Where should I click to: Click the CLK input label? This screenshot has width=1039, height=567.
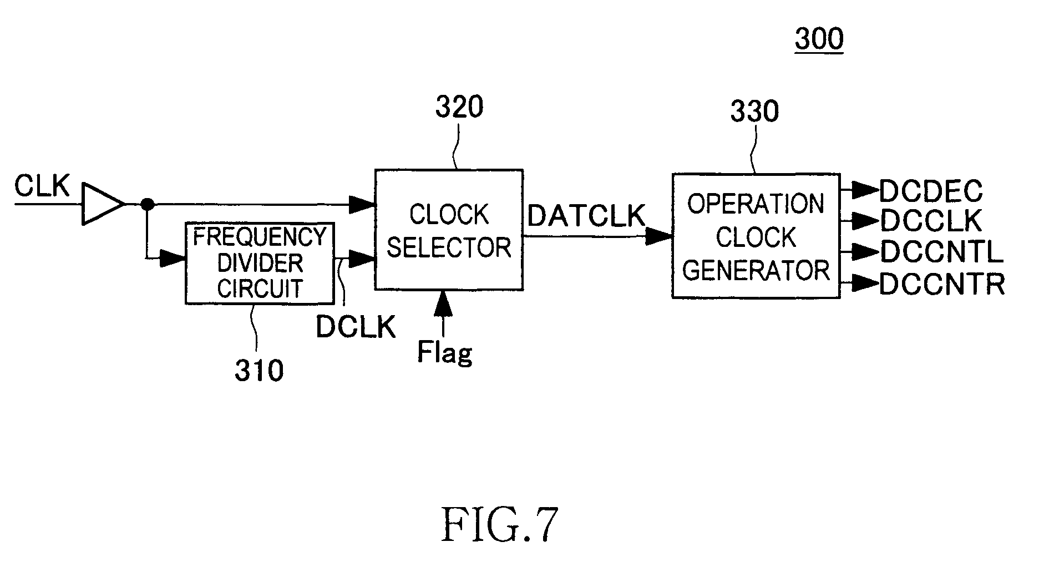point(42,186)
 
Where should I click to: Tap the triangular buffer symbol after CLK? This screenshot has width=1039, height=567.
point(102,204)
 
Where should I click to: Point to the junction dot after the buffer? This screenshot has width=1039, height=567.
point(147,205)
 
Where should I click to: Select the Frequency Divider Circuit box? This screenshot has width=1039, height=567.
point(260,263)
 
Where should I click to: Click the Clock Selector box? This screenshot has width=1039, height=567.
point(448,230)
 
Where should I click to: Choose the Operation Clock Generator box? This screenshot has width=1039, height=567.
point(756,236)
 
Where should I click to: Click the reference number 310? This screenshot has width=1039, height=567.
point(259,371)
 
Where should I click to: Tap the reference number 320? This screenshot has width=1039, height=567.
point(459,107)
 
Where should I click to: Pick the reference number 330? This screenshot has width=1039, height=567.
point(754,111)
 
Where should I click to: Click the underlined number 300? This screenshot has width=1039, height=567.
point(819,39)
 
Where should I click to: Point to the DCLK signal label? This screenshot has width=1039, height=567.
point(356,327)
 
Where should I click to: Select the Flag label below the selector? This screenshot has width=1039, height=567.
point(444,352)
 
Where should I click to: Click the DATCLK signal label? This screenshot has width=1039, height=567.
point(586,215)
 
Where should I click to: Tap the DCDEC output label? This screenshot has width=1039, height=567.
point(931,192)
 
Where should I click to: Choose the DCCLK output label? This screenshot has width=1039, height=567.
point(931,221)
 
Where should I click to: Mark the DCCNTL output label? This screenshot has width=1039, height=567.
point(941,252)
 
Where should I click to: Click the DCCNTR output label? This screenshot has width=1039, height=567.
point(942,284)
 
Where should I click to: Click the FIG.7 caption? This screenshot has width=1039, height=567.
point(499,524)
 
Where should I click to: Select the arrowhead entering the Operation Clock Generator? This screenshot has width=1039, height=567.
point(661,237)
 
